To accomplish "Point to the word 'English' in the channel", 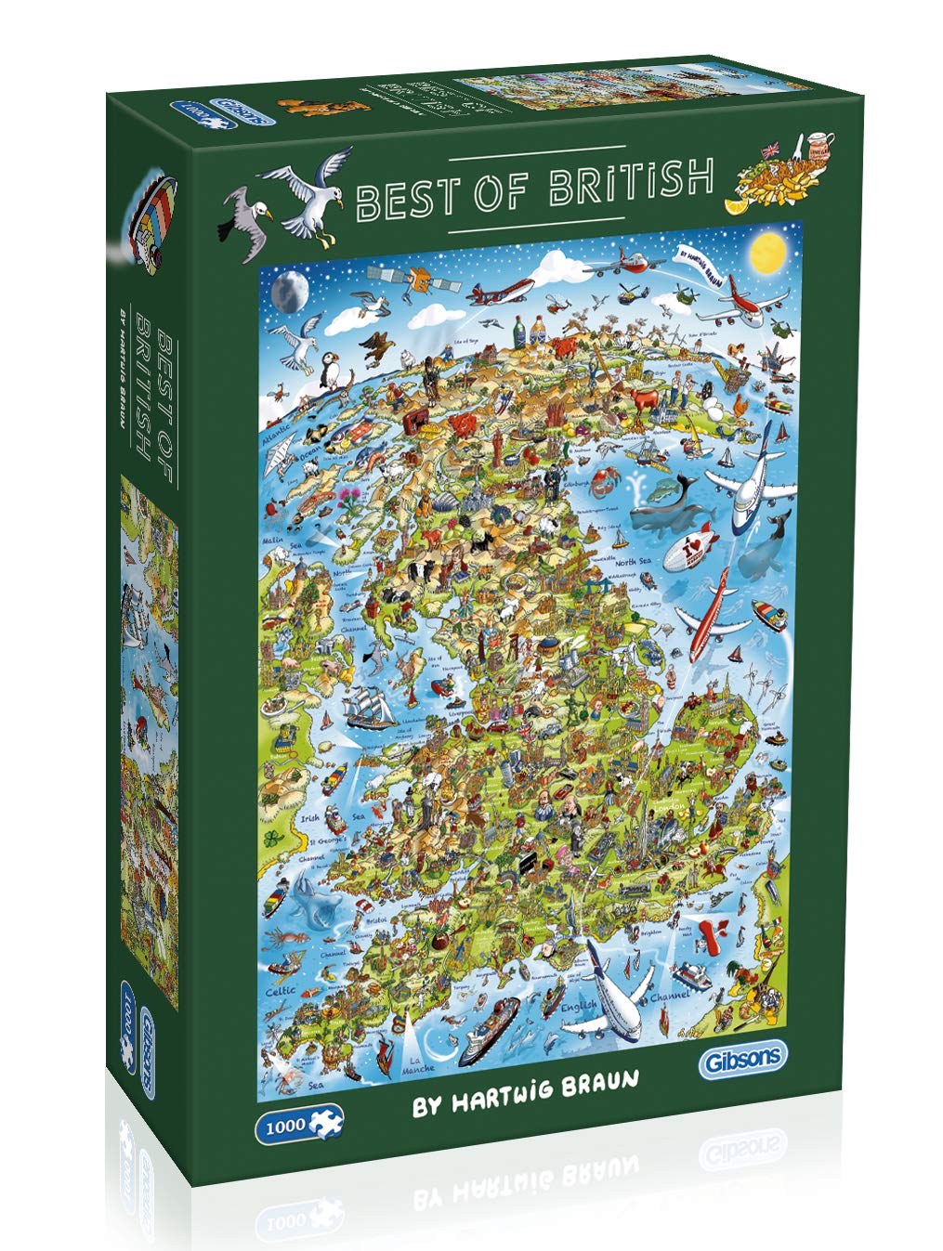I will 578,1007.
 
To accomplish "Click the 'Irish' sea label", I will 310,819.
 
